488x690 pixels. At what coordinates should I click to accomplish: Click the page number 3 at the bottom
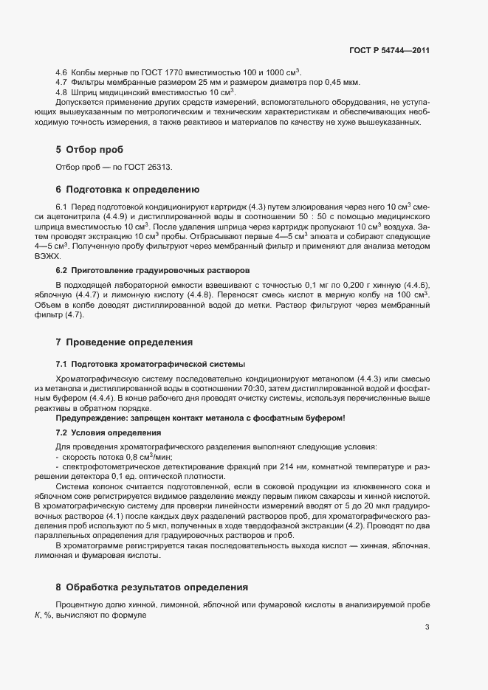coord(427,628)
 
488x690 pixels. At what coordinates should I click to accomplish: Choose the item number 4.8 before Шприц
coord(62,92)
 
